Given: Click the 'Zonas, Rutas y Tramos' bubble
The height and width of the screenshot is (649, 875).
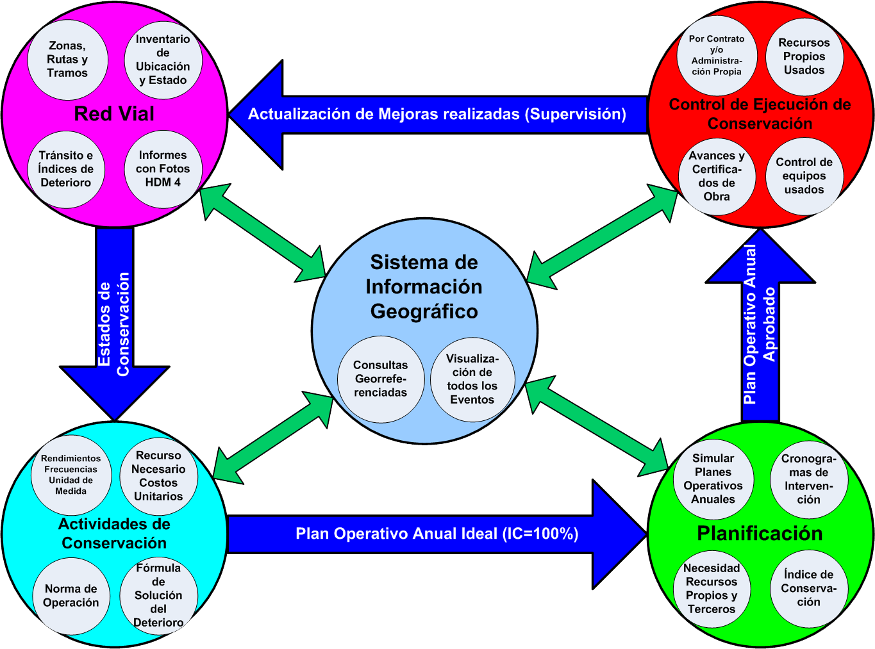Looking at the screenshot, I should click(x=67, y=60).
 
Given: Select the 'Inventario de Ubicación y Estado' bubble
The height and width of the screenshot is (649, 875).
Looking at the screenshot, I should click(x=163, y=60).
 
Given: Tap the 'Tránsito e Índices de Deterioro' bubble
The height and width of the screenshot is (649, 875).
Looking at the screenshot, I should click(x=66, y=169).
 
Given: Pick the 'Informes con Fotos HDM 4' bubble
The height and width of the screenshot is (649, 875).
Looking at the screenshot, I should click(x=163, y=169).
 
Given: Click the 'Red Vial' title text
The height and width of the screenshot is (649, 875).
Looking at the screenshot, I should click(x=114, y=114).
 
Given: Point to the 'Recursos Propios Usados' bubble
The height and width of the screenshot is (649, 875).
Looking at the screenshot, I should click(x=804, y=56).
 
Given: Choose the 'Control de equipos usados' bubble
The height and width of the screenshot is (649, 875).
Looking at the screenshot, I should click(x=804, y=176).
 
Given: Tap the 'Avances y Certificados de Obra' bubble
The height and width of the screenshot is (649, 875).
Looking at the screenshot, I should click(x=717, y=176).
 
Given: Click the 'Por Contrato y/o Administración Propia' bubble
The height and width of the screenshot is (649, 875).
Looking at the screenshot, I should click(x=717, y=55).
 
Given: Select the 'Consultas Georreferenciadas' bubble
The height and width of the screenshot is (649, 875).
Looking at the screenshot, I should click(x=381, y=379).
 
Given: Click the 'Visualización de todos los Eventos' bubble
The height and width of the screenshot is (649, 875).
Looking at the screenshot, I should click(x=472, y=379).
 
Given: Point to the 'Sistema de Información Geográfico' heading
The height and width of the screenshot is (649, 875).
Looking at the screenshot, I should click(x=424, y=287).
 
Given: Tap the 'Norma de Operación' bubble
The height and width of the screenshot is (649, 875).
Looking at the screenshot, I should click(x=71, y=596).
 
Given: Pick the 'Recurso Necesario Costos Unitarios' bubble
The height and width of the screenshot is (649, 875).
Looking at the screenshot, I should click(x=158, y=476).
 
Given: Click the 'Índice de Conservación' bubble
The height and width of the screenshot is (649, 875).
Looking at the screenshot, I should click(x=808, y=588).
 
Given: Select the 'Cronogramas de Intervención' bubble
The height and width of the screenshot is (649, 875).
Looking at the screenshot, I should click(x=808, y=479).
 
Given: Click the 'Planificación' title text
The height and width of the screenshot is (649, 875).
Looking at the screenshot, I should click(x=760, y=534).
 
